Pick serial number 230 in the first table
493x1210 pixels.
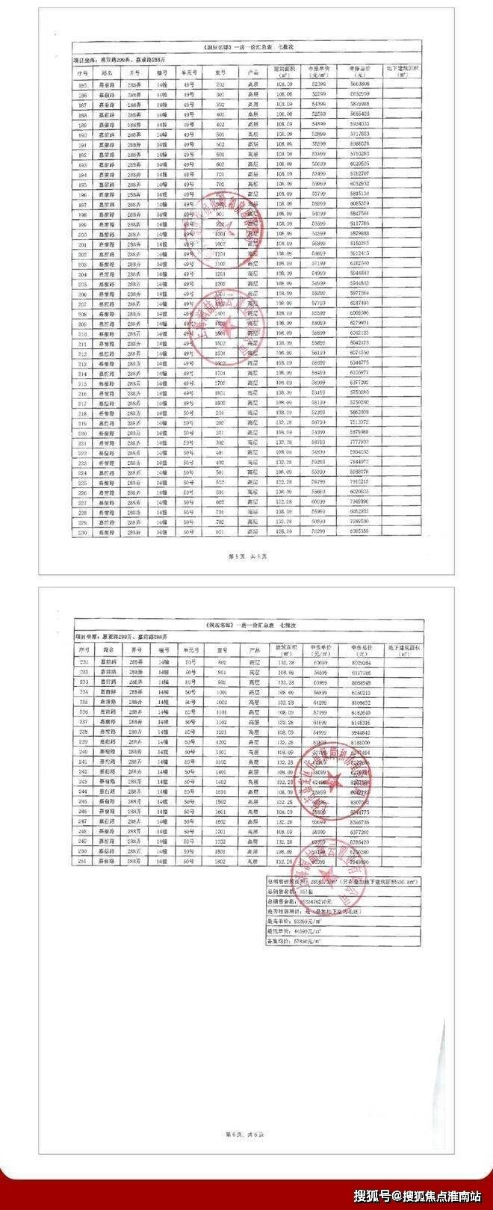click(x=82, y=533)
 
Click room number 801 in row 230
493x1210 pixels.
click(x=221, y=533)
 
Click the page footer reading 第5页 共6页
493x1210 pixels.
click(x=246, y=558)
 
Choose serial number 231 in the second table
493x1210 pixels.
click(x=83, y=662)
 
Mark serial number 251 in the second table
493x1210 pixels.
click(x=83, y=862)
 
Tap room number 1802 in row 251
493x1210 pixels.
click(x=221, y=862)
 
